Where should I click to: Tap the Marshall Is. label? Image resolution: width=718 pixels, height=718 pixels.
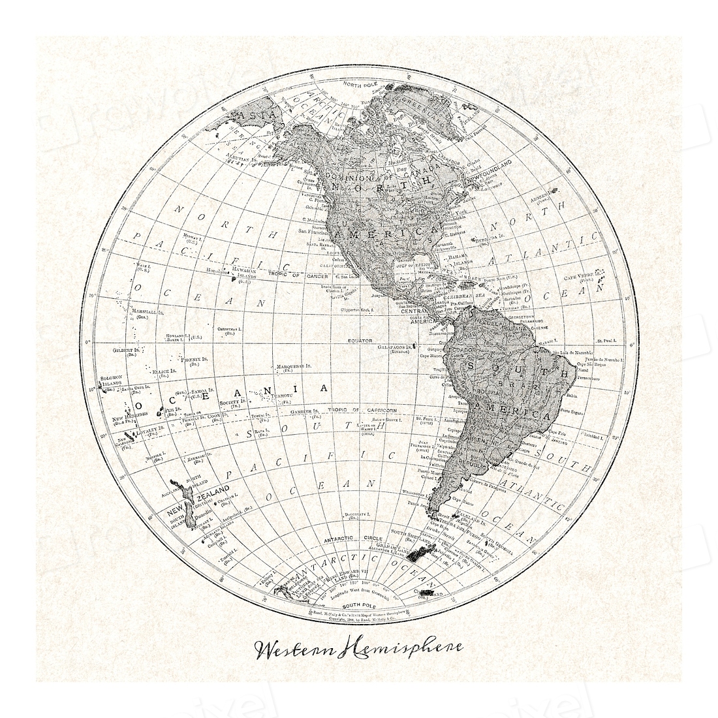click(147, 313)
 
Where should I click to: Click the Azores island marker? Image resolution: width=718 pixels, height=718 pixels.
click(554, 191)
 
